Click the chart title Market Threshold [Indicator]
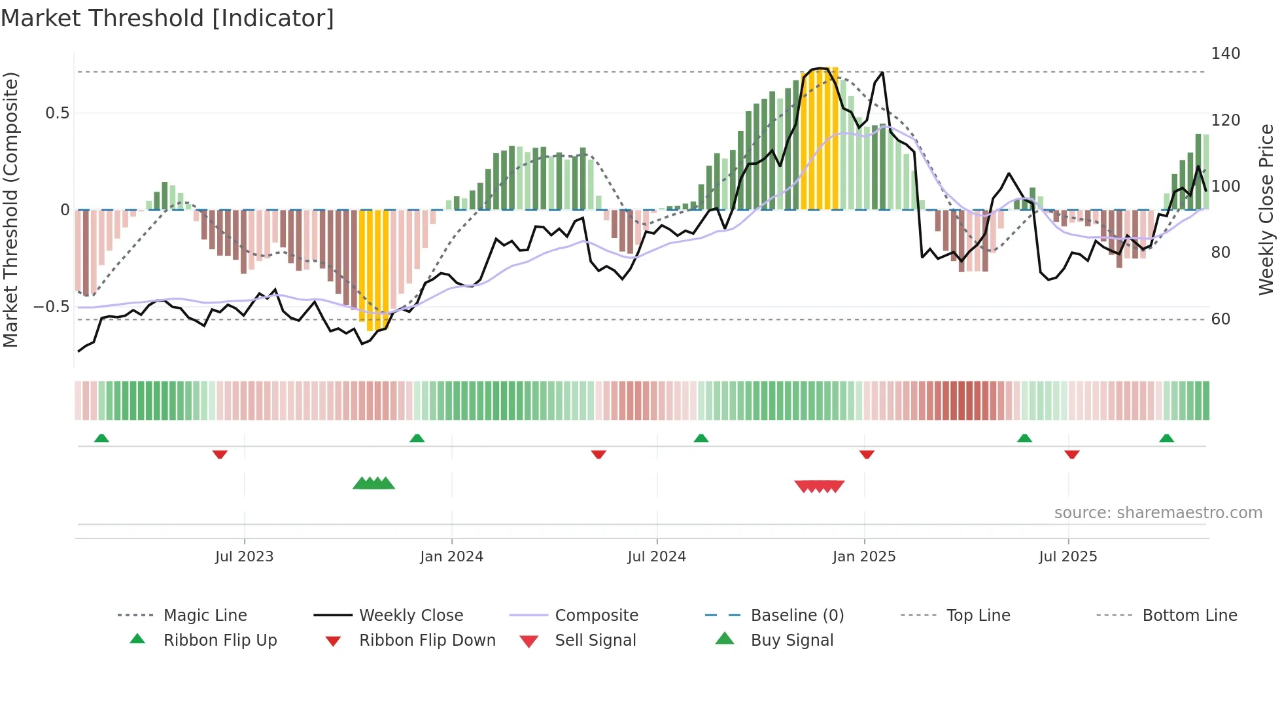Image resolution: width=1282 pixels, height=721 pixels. tap(167, 18)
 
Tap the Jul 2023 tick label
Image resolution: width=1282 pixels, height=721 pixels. tap(244, 557)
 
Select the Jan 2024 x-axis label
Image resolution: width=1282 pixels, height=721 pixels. tap(451, 557)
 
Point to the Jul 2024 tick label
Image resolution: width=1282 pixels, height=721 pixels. tap(657, 557)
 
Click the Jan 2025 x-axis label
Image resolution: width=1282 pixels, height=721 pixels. tap(864, 557)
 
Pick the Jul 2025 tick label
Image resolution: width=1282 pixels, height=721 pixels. tap(1067, 557)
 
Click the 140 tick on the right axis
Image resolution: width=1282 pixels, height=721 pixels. tap(1225, 54)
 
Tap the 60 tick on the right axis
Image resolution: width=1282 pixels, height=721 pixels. tap(1221, 319)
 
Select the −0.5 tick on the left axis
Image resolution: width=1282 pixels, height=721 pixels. tap(51, 307)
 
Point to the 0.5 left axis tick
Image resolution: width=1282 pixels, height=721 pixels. tap(57, 113)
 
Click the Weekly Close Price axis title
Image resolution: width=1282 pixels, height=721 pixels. tap(1266, 209)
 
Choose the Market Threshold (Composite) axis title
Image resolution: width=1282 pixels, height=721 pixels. tap(10, 209)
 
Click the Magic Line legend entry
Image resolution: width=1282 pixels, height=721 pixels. tap(205, 616)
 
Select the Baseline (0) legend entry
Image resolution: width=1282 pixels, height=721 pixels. tap(797, 616)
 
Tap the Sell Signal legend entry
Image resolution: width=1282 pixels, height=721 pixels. tap(595, 641)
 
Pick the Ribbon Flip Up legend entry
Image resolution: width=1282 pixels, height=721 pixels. tap(220, 641)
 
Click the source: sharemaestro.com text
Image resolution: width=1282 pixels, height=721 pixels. tap(1158, 513)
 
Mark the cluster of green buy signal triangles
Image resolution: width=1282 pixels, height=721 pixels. tap(373, 484)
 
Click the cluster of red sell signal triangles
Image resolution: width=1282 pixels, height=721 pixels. tap(819, 486)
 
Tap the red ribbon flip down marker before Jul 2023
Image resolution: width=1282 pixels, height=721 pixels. tap(220, 454)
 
